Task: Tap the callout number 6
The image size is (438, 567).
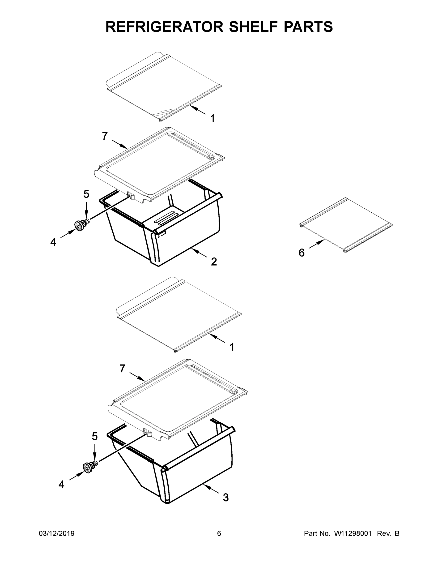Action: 301,253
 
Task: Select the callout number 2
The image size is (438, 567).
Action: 214,262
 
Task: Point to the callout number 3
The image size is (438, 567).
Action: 226,497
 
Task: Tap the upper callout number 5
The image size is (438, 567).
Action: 86,194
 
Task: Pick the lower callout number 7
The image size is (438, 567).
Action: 123,368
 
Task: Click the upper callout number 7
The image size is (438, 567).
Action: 105,136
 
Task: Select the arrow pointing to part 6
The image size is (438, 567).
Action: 317,244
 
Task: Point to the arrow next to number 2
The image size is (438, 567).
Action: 199,253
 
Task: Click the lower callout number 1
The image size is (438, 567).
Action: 232,347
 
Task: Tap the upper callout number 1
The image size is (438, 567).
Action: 212,119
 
